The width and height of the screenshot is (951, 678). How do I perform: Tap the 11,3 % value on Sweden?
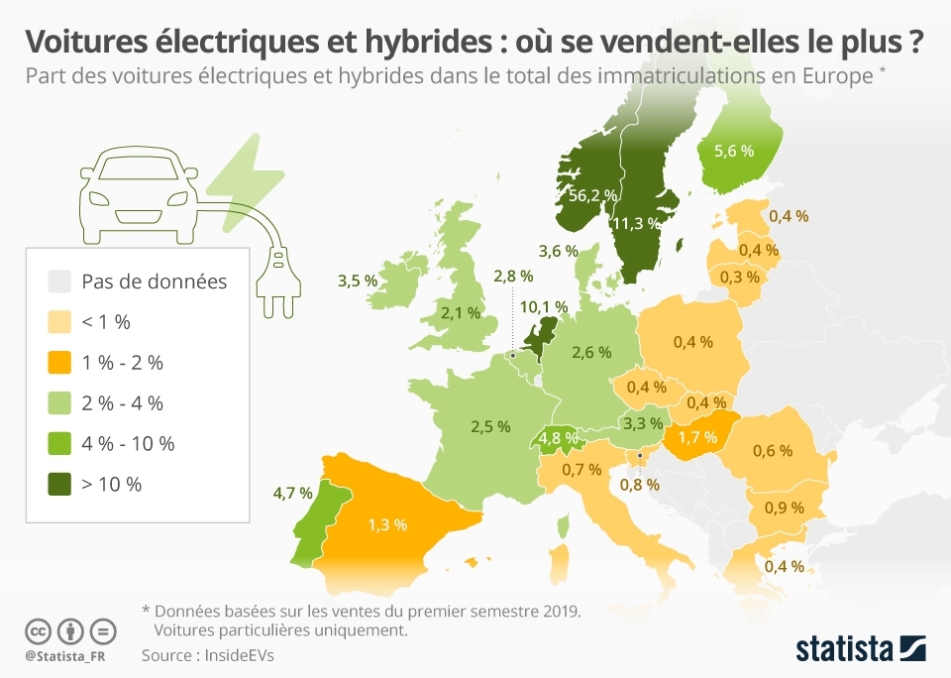click(636, 223)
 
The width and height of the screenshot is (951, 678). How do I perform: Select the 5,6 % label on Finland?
click(733, 152)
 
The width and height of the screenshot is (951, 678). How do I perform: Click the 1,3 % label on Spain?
click(387, 524)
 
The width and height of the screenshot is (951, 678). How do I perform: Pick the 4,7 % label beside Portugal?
click(292, 492)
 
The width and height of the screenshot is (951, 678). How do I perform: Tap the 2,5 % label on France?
click(489, 426)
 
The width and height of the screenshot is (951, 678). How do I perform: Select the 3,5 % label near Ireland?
click(358, 281)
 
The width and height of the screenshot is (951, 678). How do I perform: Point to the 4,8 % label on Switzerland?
click(559, 437)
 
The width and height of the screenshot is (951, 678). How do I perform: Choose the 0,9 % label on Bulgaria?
click(783, 508)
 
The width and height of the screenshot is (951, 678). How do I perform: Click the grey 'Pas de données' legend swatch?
click(60, 282)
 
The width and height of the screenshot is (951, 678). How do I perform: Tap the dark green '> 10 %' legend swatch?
click(60, 484)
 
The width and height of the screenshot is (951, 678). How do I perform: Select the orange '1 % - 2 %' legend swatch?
click(60, 362)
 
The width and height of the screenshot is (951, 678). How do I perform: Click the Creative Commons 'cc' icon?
click(38, 630)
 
